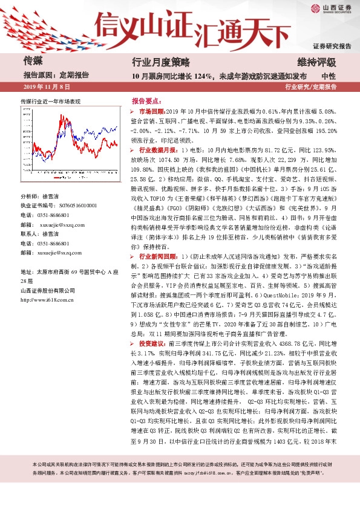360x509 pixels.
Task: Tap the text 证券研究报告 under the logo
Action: (x=332, y=46)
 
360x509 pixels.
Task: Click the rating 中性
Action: (x=329, y=76)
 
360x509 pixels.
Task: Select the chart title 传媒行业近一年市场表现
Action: (x=50, y=102)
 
